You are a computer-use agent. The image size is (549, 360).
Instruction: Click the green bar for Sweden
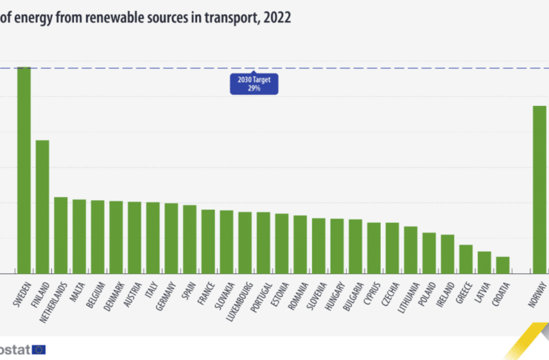24,170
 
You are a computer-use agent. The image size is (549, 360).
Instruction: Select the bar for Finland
42,207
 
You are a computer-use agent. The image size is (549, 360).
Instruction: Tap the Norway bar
539,190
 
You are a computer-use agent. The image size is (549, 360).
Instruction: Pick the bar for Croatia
502,265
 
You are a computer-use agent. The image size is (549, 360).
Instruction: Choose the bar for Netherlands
61,235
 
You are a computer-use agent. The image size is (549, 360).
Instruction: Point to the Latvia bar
485,262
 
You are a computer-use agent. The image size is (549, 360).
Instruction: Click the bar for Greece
466,259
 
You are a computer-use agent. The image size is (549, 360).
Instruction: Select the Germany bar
171,238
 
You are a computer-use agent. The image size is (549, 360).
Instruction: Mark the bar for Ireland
447,254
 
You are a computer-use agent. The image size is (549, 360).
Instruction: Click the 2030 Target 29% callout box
254,84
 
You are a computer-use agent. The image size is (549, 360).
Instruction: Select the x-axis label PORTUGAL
259,296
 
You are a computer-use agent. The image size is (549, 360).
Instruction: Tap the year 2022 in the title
276,18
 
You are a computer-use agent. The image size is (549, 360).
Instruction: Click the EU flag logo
39,349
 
